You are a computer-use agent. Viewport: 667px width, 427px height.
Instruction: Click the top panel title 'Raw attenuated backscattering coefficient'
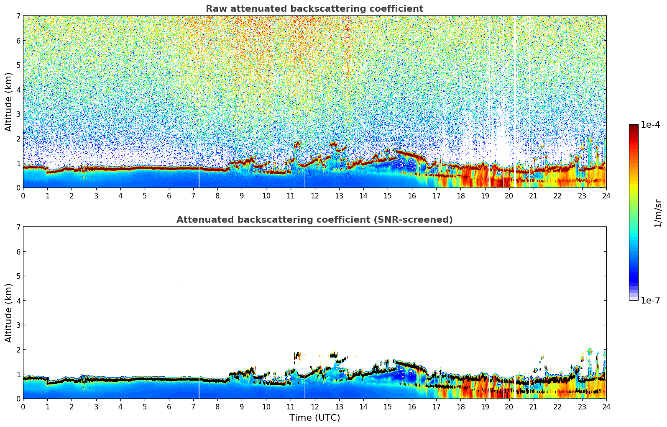[314, 9]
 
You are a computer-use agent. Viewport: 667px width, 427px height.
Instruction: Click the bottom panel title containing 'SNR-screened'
[314, 220]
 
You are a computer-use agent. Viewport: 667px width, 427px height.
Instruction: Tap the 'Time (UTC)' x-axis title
[314, 418]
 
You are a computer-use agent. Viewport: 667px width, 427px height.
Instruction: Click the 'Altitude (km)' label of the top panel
[9, 102]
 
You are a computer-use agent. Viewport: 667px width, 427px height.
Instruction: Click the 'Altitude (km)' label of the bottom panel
[9, 313]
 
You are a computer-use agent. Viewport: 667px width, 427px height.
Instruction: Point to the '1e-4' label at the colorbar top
[650, 125]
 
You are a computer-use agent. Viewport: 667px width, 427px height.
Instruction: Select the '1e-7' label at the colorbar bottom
[650, 300]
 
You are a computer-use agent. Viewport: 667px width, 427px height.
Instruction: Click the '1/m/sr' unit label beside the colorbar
[658, 213]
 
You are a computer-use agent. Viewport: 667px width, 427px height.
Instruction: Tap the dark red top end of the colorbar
[634, 126]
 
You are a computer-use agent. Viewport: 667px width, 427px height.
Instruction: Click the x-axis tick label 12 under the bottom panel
[314, 406]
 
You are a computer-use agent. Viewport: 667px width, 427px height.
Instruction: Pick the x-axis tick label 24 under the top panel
[606, 195]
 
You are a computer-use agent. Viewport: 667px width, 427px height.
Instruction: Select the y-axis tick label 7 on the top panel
[18, 16]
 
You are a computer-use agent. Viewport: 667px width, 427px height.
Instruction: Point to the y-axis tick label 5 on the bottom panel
[18, 276]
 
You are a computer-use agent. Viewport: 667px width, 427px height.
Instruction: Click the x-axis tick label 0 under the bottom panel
[23, 406]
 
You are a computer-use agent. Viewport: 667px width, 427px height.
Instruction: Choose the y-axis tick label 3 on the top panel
[18, 114]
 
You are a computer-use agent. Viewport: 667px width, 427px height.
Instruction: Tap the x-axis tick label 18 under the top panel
[460, 195]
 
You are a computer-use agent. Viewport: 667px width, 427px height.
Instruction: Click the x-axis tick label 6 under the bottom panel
[169, 406]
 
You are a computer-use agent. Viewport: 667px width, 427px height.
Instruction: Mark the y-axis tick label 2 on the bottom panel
[18, 350]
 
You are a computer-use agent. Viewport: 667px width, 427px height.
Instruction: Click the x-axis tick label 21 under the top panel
[533, 195]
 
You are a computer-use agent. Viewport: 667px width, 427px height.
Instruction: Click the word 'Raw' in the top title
[215, 9]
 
